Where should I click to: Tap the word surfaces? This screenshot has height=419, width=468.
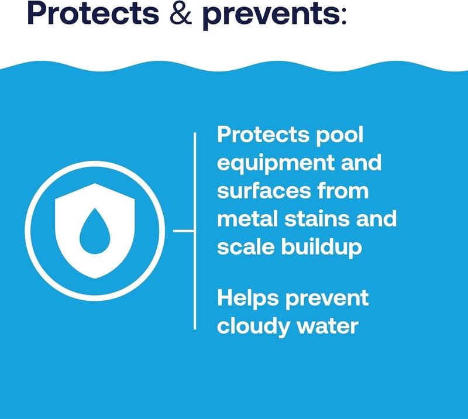coord(261,191)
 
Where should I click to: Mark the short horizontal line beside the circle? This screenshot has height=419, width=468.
coord(183,231)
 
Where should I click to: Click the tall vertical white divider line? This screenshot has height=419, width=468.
coord(194,231)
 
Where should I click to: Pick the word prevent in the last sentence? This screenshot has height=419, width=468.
coord(329,299)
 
